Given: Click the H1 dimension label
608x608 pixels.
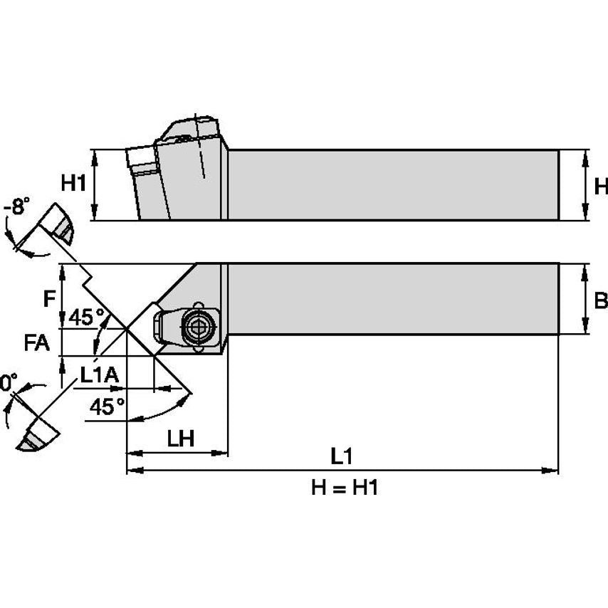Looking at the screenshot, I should [x=73, y=184].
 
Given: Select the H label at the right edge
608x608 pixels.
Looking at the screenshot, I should [x=600, y=186].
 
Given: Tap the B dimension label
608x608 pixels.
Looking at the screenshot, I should [x=600, y=300].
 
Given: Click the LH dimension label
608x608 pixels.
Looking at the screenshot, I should [x=181, y=439].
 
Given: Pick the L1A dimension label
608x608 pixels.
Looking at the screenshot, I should [x=99, y=376].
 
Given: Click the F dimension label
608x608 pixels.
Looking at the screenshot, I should [x=48, y=299].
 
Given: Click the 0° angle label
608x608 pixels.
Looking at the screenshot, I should [x=7, y=383].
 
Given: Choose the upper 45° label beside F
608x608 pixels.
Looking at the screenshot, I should [x=87, y=318].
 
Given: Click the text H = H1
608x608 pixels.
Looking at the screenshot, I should [x=344, y=488].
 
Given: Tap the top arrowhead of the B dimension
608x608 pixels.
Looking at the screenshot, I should [x=585, y=268].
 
